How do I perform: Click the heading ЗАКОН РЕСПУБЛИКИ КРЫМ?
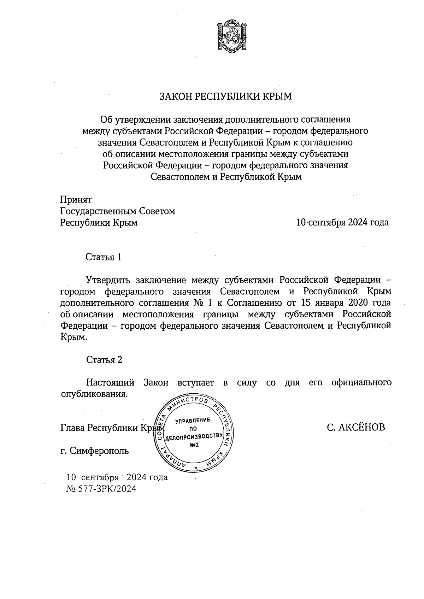coord(226,96)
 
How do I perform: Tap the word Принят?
coord(76,200)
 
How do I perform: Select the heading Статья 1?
coord(104,257)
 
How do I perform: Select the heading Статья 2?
coord(104,360)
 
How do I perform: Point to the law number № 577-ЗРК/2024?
coord(101,489)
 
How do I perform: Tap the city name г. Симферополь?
coord(95,451)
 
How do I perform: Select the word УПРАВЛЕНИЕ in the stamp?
coord(193,420)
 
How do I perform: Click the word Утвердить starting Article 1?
coord(108,280)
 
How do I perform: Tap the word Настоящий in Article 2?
coord(110,383)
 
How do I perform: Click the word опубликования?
coord(94,394)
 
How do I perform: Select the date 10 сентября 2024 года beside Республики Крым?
coord(342,223)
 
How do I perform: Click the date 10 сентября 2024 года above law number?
coord(117,478)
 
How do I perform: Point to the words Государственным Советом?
coord(118,211)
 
